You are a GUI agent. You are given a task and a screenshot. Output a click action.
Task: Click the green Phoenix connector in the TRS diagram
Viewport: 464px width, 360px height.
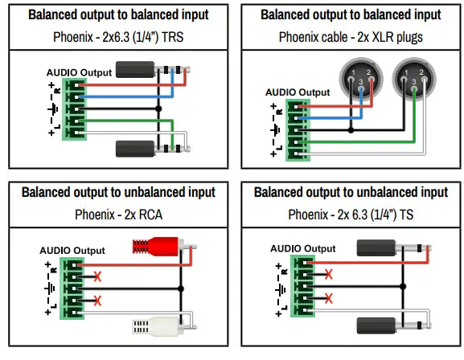(76, 109)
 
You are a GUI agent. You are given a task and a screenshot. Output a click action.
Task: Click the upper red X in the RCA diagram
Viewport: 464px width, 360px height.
(97, 276)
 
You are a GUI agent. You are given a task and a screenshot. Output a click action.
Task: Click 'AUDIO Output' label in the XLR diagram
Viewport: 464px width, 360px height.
(298, 92)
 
